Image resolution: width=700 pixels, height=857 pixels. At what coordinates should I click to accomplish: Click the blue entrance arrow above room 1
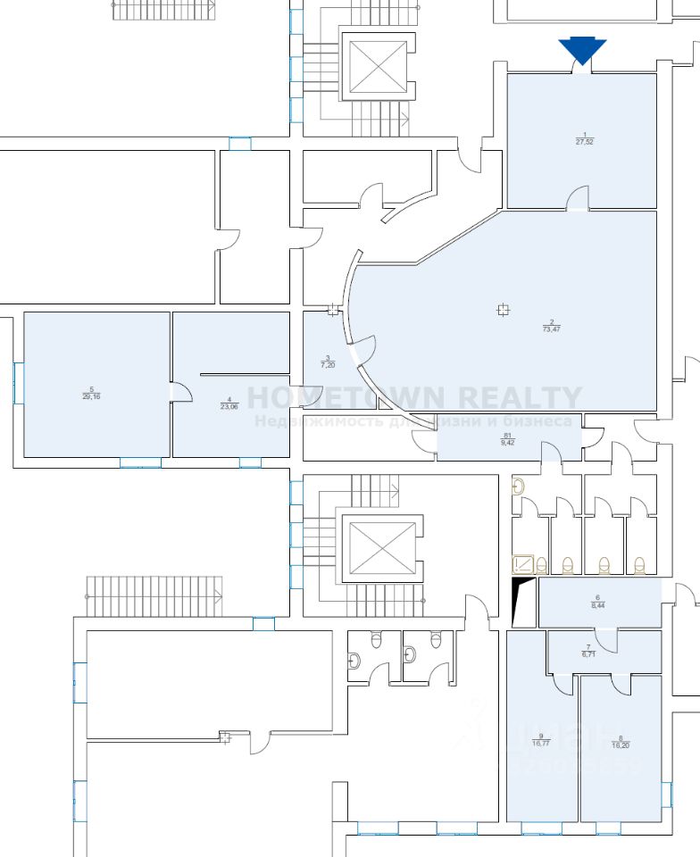[x=582, y=51]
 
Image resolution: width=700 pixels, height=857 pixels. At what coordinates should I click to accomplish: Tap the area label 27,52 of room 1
[x=585, y=141]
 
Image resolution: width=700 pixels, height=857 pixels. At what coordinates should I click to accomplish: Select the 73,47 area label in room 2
[x=552, y=329]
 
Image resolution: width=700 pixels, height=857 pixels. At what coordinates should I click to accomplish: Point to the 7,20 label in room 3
[x=328, y=364]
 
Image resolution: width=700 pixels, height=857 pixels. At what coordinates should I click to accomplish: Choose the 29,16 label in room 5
[x=91, y=395]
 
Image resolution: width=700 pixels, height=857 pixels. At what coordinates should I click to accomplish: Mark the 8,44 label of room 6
[x=597, y=604]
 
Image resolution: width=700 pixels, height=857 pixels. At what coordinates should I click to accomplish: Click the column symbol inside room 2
[x=503, y=310]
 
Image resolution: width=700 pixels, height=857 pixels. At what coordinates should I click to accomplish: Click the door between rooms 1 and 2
[x=577, y=201]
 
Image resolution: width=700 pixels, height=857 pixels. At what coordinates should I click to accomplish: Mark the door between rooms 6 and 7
[x=607, y=636]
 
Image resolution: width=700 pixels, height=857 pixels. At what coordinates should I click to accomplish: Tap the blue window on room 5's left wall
[x=16, y=383]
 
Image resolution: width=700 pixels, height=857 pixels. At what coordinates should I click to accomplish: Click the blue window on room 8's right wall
[x=665, y=795]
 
